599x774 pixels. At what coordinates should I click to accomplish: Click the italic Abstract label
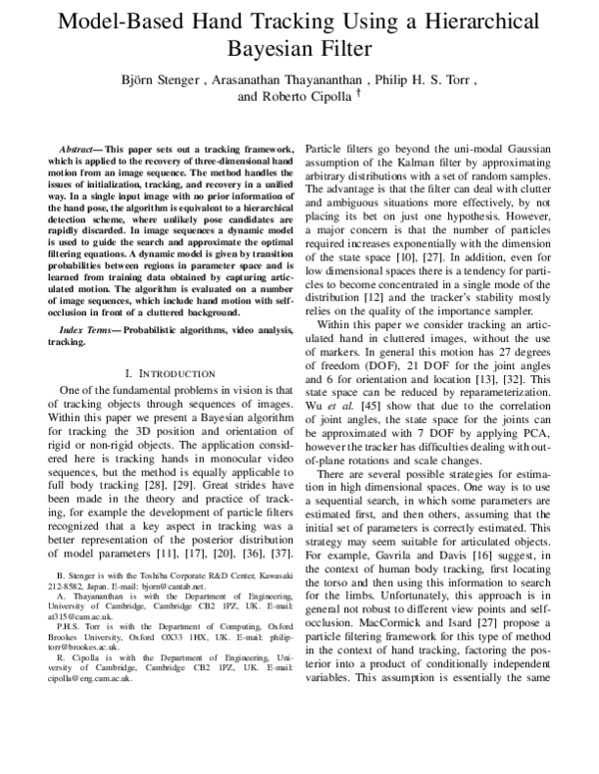(81, 147)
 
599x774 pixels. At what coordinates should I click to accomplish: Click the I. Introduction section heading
(161, 372)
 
